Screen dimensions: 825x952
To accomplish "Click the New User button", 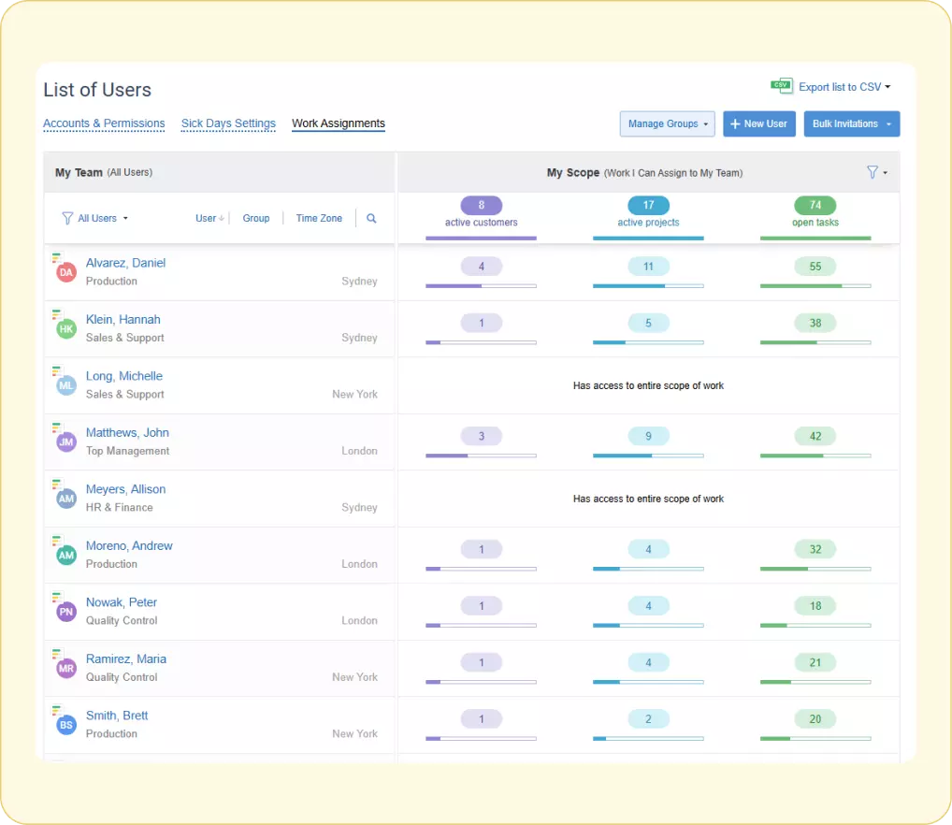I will click(758, 123).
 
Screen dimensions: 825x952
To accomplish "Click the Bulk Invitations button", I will click(851, 123).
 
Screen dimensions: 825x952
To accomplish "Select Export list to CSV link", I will click(839, 87).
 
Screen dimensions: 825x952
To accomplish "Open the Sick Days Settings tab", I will click(228, 123).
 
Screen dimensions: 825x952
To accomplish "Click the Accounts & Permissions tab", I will click(104, 123).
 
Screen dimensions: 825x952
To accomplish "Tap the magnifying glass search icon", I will click(371, 219).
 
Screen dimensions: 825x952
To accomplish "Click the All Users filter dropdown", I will click(95, 219).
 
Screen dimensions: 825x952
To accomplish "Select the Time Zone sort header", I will click(319, 219).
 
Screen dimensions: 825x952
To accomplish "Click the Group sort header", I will click(256, 219).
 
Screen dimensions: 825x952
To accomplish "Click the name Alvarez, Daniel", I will click(125, 263).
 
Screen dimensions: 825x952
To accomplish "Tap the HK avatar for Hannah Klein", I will click(66, 329).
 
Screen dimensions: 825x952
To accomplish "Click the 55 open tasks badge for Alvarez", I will click(815, 267).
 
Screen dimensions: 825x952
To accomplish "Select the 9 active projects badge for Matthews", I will click(648, 436).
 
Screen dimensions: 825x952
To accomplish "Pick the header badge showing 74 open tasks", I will click(815, 206).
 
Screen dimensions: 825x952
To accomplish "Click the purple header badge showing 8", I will click(482, 206).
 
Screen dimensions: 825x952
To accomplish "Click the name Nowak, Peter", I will click(122, 602).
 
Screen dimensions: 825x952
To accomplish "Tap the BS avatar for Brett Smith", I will click(66, 725).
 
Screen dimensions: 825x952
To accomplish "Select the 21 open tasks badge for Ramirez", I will click(815, 662).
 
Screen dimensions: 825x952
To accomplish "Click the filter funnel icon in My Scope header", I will click(873, 172).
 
